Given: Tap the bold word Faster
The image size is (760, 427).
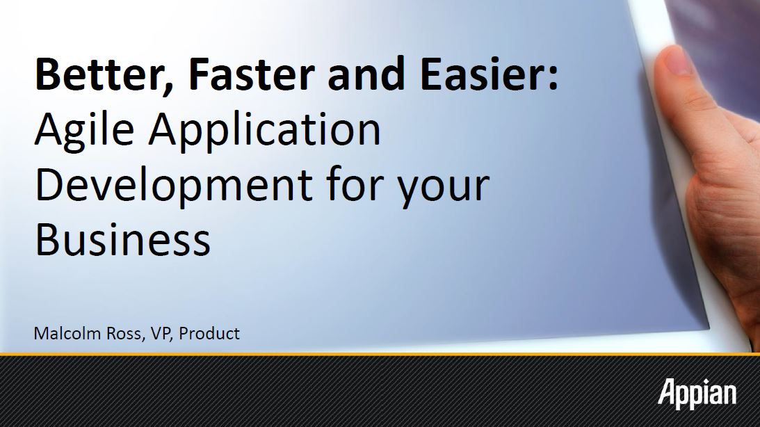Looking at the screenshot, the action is [x=251, y=74].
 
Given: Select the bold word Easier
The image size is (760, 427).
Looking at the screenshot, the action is [x=484, y=74].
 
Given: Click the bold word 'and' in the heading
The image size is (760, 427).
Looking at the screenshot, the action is [x=366, y=74].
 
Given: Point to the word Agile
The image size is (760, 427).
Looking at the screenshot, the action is [x=85, y=131].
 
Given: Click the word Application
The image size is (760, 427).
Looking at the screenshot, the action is [x=265, y=131].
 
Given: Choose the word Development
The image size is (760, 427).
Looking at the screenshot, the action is [x=174, y=186].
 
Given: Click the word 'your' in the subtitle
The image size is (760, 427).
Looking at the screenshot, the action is [x=443, y=190].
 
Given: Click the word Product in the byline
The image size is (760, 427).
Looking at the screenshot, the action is [x=209, y=333].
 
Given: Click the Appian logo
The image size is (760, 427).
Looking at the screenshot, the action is [x=697, y=393].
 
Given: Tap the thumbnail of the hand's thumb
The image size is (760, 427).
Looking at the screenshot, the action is [x=674, y=60].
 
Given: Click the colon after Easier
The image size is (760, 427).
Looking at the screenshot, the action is [x=553, y=78].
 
